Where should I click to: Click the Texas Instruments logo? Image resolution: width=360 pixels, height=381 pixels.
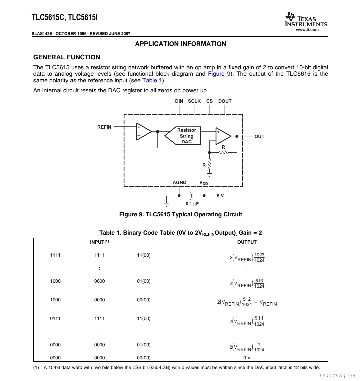[306, 20]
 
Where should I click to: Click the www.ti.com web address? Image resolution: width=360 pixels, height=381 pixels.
[307, 30]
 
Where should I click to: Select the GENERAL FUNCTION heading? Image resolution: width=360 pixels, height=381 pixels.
[67, 57]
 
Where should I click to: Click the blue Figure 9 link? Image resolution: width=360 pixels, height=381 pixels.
[219, 74]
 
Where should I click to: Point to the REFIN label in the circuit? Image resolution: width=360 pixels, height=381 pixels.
[104, 127]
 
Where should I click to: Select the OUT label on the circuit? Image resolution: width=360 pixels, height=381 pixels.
[259, 136]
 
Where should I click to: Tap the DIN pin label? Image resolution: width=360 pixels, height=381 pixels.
[179, 101]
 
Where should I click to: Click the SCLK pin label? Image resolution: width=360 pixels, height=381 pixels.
[194, 101]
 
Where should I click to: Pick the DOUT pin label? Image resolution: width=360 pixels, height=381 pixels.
[225, 101]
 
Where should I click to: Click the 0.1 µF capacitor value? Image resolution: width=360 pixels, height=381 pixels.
[192, 204]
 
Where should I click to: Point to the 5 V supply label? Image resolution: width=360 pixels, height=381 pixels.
[220, 196]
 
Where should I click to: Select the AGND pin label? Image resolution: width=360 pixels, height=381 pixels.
[179, 182]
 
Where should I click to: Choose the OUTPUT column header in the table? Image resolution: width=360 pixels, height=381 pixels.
[247, 242]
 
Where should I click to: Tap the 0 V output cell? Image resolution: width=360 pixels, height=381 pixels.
[247, 358]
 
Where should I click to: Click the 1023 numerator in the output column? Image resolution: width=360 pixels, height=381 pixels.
[259, 255]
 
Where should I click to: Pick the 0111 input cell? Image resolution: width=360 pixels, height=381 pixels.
[55, 318]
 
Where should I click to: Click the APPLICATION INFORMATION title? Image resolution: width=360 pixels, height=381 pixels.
[180, 44]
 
